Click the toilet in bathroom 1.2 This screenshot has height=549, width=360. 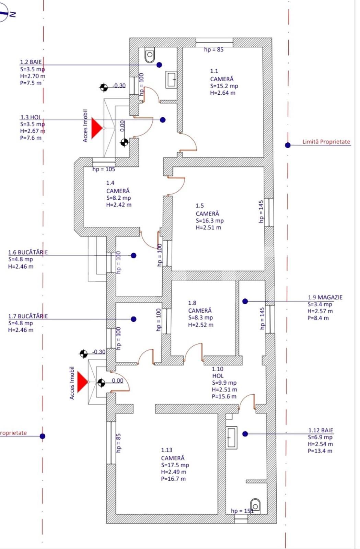pos(150,55)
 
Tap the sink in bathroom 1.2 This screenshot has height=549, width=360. pos(172,80)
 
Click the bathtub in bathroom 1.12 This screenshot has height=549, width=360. pos(232,437)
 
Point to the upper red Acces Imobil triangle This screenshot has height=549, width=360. pos(96,128)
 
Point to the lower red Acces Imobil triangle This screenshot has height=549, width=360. pos(82,382)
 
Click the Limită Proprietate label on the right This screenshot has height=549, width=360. pos(326,142)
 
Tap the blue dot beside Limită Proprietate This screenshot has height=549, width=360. pos(288,145)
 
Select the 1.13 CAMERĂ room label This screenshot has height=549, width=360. pos(173,454)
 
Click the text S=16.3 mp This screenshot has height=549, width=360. pos(209,221)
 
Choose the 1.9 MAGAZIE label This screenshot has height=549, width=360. pos(325,297)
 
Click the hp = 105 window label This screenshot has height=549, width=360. pos(104,169)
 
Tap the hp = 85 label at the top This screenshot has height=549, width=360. pos(213,50)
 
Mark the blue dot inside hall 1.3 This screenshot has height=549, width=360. pos(163,120)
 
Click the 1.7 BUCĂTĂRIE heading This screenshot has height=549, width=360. pos(28,316)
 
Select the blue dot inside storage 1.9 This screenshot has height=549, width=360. pos(245,301)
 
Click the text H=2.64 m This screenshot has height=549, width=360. pos(223,93)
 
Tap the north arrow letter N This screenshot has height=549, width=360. pos(13,14)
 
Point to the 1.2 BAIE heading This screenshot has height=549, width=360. pos(31,62)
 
